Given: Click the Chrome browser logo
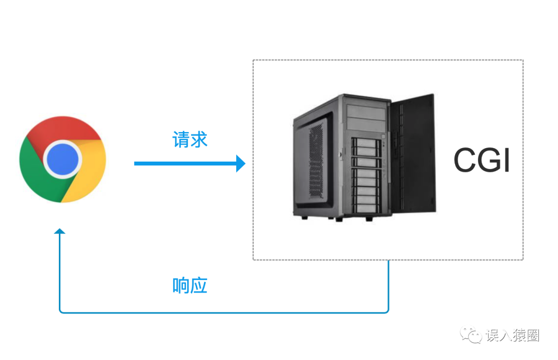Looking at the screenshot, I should (63, 160).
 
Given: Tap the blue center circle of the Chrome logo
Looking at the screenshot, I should (63, 160).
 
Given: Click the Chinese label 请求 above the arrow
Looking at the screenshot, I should (190, 139).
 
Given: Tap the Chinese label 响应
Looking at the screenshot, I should (190, 285).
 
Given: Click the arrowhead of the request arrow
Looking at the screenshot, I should (240, 163).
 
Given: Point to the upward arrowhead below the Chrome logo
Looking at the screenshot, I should (60, 232).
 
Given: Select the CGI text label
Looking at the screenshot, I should (482, 161).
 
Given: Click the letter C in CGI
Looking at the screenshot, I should (466, 161).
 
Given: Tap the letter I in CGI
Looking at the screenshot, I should (506, 161).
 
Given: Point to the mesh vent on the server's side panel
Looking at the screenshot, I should (315, 165).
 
